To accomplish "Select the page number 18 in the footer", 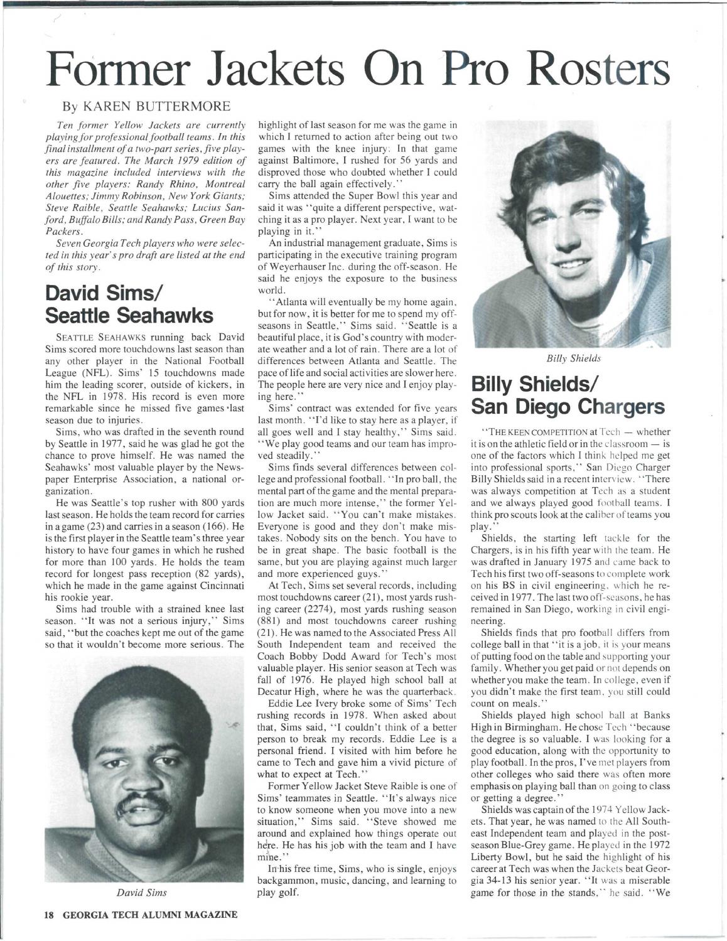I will (50, 914).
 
